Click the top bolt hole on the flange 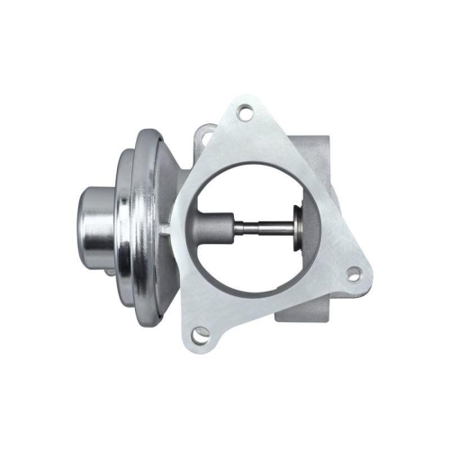[x=244, y=113]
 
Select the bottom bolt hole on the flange [x=201, y=333]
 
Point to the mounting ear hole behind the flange [x=204, y=136]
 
